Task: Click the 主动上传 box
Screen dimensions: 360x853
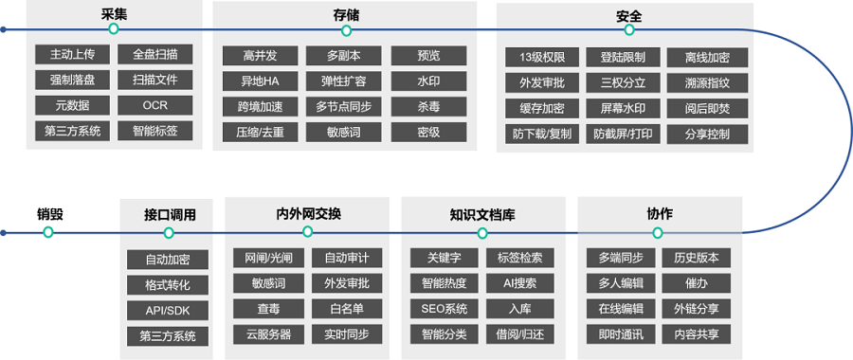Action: click(72, 54)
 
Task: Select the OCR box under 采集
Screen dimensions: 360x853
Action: click(155, 105)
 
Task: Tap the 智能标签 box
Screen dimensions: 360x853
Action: click(155, 131)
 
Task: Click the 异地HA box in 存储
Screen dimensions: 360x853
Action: click(258, 81)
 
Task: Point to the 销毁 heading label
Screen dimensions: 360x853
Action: click(50, 214)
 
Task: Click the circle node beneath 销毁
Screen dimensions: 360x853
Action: click(49, 233)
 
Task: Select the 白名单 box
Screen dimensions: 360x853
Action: click(347, 308)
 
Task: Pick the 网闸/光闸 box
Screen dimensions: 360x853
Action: click(269, 257)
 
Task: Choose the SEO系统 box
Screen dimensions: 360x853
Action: click(444, 308)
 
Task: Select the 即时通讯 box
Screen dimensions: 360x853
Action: click(621, 333)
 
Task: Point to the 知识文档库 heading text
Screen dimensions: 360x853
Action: click(482, 214)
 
